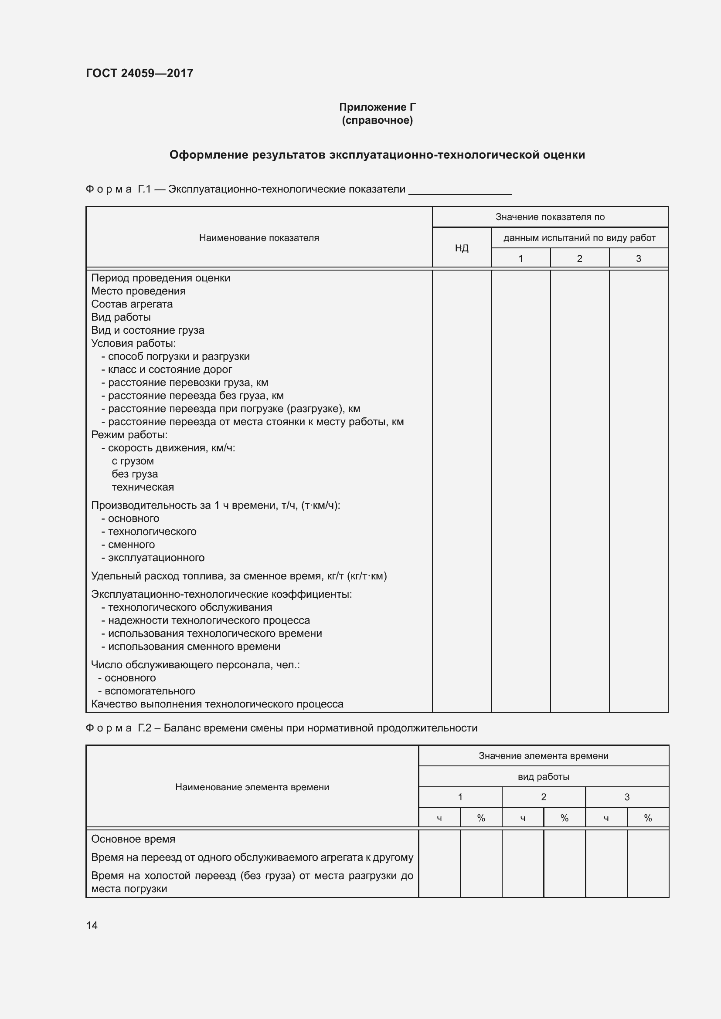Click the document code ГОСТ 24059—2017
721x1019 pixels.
pos(139,73)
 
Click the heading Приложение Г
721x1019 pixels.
pos(377,107)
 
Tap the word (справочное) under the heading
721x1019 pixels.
pos(377,120)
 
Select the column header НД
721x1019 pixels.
pos(461,248)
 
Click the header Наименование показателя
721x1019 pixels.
pos(259,238)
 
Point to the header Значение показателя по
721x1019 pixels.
pos(550,217)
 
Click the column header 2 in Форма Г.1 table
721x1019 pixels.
pos(579,258)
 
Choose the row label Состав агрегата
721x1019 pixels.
pos(132,304)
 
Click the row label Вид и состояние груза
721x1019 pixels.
pos(147,330)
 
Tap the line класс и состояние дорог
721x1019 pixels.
pos(170,369)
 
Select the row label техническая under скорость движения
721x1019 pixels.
pos(143,487)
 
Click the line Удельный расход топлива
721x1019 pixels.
pos(238,576)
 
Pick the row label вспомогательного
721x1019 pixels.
pos(150,691)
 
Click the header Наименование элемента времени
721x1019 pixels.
pos(252,787)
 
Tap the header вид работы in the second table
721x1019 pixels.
pos(543,777)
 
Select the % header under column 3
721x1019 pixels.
pos(647,818)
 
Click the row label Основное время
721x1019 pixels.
pos(133,839)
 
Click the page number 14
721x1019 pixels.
pos(92,925)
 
